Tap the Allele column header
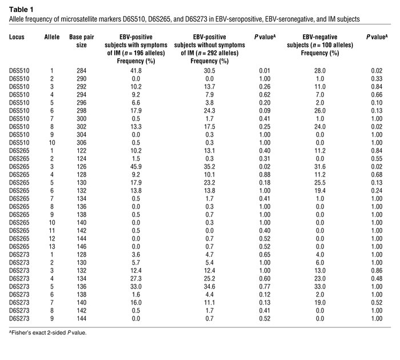pyautogui.click(x=51, y=36)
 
